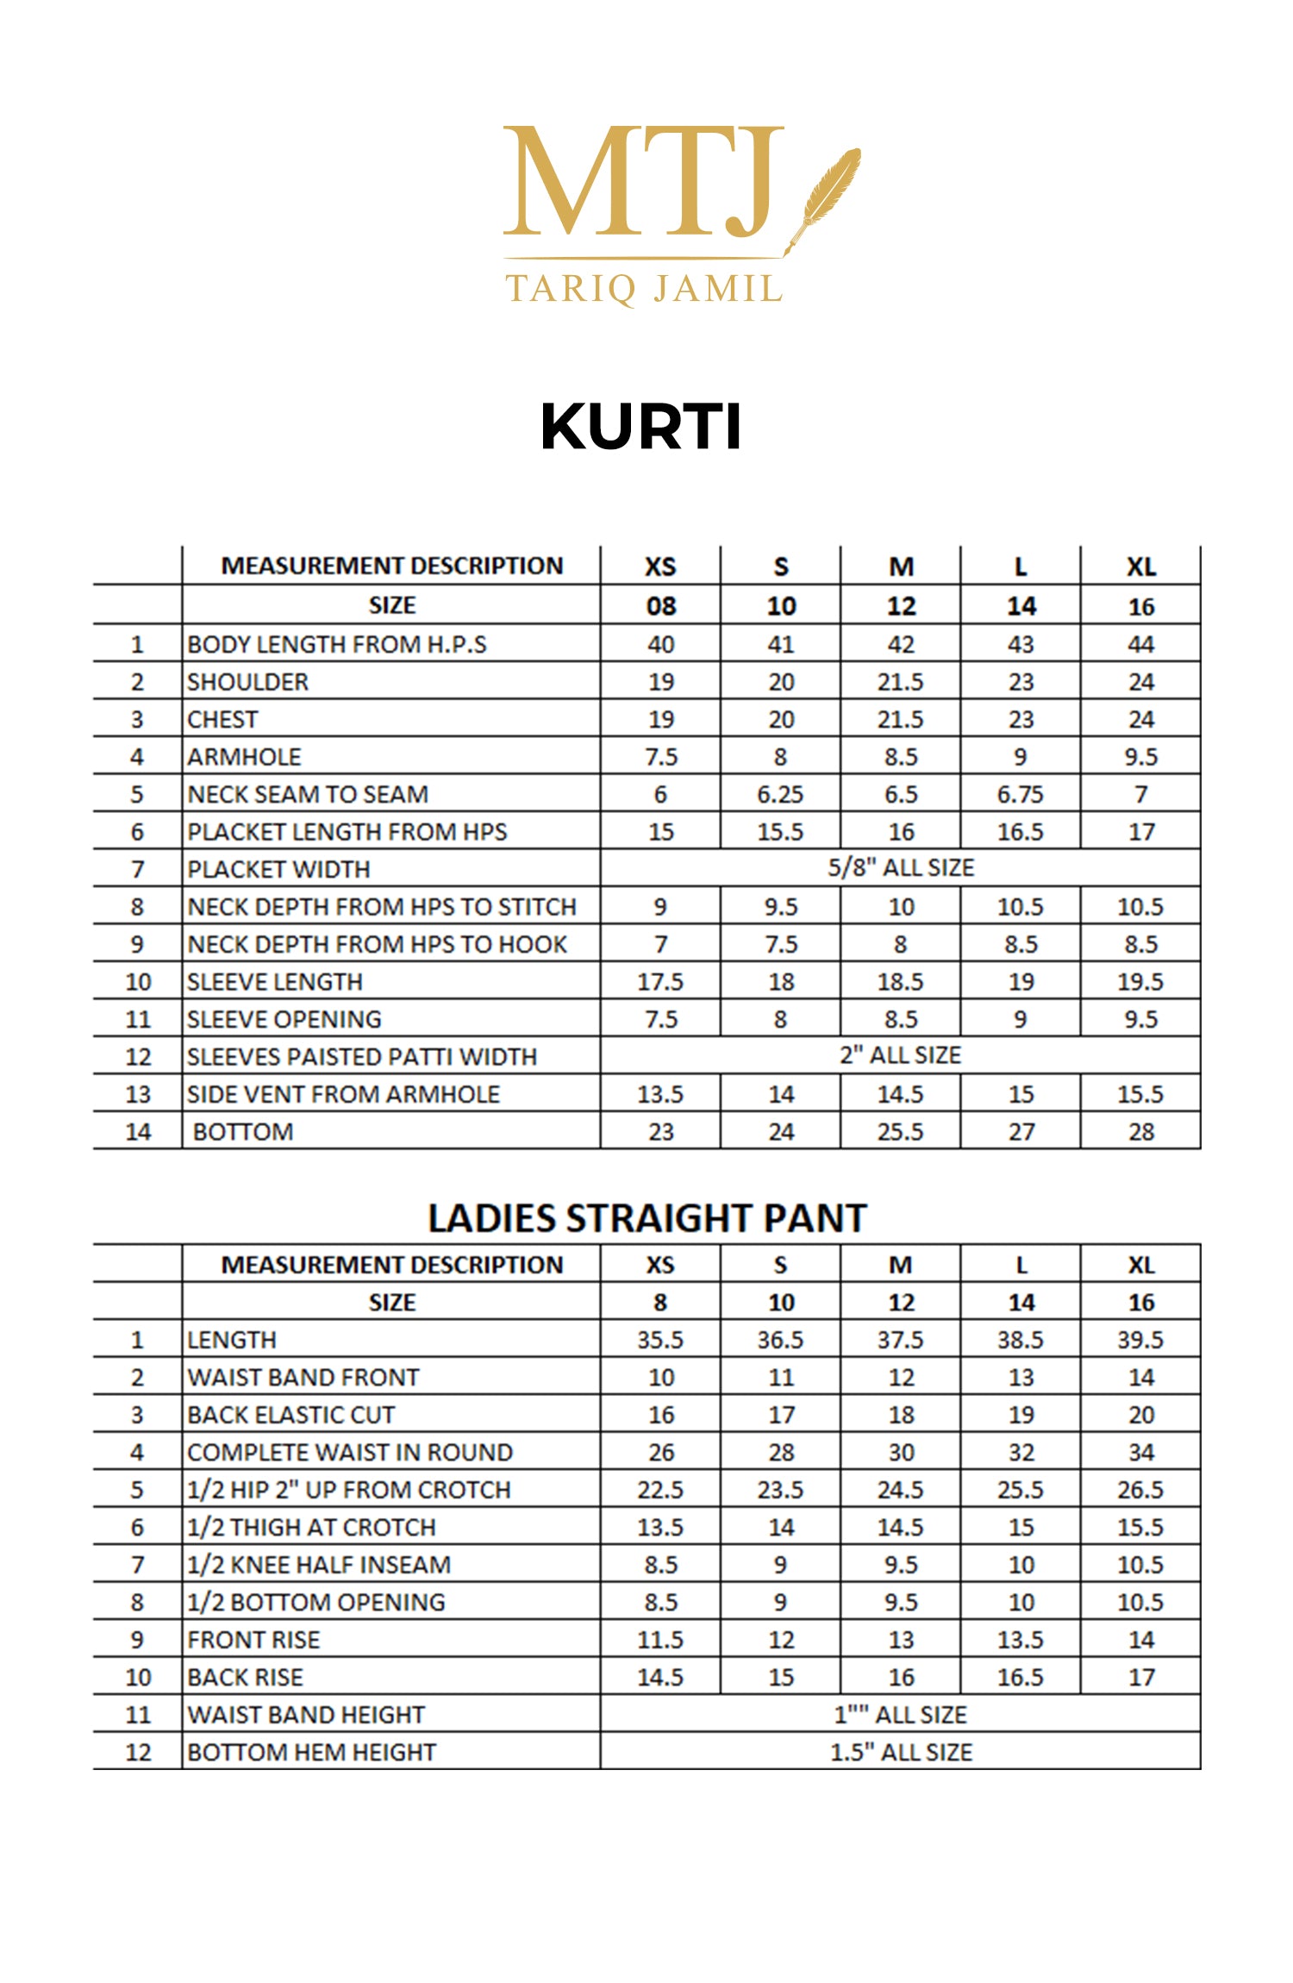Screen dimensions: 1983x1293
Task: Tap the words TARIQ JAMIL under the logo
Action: [x=644, y=289]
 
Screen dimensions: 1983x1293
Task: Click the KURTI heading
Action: [x=640, y=426]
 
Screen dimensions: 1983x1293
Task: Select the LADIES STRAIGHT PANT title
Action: [x=646, y=1218]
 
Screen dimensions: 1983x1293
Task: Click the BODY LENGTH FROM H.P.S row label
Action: [x=337, y=644]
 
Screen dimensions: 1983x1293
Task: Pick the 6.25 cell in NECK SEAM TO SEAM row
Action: [x=780, y=794]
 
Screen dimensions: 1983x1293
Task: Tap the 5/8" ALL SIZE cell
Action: [x=901, y=867]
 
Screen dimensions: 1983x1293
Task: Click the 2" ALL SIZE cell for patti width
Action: [x=901, y=1055]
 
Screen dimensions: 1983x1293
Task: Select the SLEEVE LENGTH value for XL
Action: [x=1140, y=982]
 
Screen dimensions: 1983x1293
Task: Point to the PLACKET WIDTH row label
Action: [x=278, y=869]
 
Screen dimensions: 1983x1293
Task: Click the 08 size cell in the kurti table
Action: [x=661, y=606]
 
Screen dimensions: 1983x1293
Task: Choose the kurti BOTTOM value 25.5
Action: [x=901, y=1131]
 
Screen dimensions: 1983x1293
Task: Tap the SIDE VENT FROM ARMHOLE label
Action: [x=343, y=1094]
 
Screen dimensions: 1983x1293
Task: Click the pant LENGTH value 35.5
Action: [x=660, y=1340]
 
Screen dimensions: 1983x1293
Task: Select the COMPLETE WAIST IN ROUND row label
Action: [x=350, y=1452]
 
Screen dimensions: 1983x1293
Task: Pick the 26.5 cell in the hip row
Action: [x=1140, y=1490]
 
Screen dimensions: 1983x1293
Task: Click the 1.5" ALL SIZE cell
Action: [x=901, y=1752]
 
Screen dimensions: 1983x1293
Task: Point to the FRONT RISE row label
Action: [x=253, y=1640]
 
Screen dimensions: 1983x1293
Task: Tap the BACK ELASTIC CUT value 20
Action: [x=1140, y=1415]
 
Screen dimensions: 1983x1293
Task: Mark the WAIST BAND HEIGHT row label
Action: [x=306, y=1715]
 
